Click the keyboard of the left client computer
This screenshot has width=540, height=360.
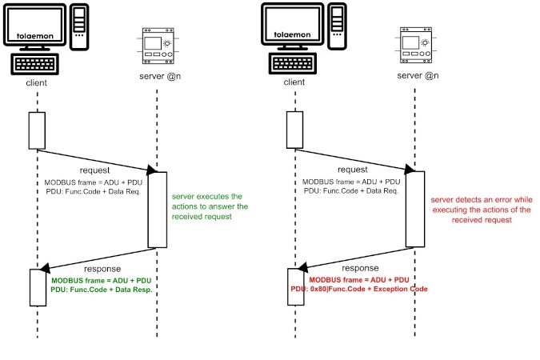point(34,64)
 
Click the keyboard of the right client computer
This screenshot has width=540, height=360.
point(293,63)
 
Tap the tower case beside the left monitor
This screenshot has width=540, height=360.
point(79,27)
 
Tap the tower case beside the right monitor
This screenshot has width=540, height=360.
point(337,26)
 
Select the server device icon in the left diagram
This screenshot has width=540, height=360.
point(158,46)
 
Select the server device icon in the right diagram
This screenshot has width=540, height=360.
point(416,45)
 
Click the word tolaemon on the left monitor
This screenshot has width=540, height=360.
point(35,36)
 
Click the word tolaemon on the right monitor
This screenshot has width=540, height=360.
point(292,34)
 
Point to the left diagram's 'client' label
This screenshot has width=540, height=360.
point(37,82)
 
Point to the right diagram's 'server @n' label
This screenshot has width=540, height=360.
point(418,75)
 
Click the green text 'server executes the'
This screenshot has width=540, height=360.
point(207,196)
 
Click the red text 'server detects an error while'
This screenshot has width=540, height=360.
point(482,200)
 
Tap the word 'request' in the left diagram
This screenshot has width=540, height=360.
point(94,170)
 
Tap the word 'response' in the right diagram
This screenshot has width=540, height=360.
point(360,268)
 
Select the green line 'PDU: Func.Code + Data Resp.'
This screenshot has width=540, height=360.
point(102,290)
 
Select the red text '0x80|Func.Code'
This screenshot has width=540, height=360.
point(338,289)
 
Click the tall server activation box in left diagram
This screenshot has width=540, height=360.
point(158,210)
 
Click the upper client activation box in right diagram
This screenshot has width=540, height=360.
point(294,130)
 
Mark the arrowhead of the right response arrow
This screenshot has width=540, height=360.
point(303,267)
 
